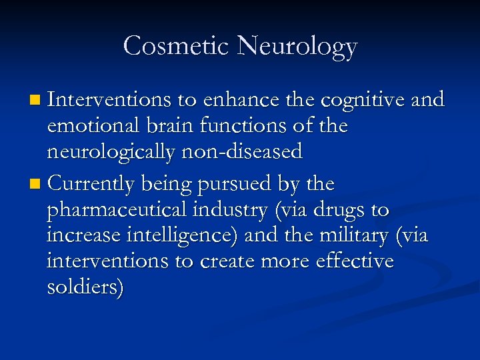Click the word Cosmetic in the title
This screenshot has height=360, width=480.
[x=177, y=47]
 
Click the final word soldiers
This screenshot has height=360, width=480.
[x=85, y=289]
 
